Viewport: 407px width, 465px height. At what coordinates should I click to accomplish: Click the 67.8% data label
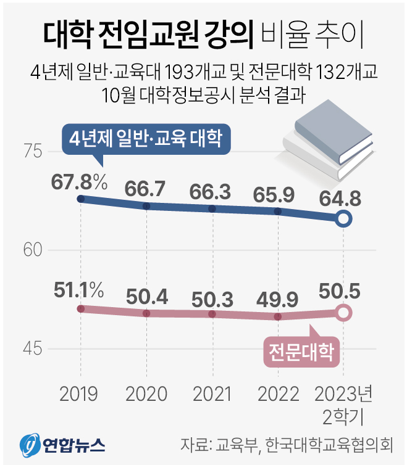(80, 183)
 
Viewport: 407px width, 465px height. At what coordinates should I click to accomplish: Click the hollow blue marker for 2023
(345, 218)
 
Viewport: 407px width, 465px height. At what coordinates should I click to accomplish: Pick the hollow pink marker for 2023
(345, 313)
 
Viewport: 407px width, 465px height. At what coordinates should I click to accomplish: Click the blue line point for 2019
(80, 199)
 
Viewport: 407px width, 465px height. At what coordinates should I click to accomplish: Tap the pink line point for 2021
(212, 314)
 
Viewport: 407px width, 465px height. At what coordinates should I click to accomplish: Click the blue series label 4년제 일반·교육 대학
(146, 137)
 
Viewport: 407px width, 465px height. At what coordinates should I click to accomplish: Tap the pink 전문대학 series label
(301, 352)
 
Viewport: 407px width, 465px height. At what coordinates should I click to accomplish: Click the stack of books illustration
(329, 139)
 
